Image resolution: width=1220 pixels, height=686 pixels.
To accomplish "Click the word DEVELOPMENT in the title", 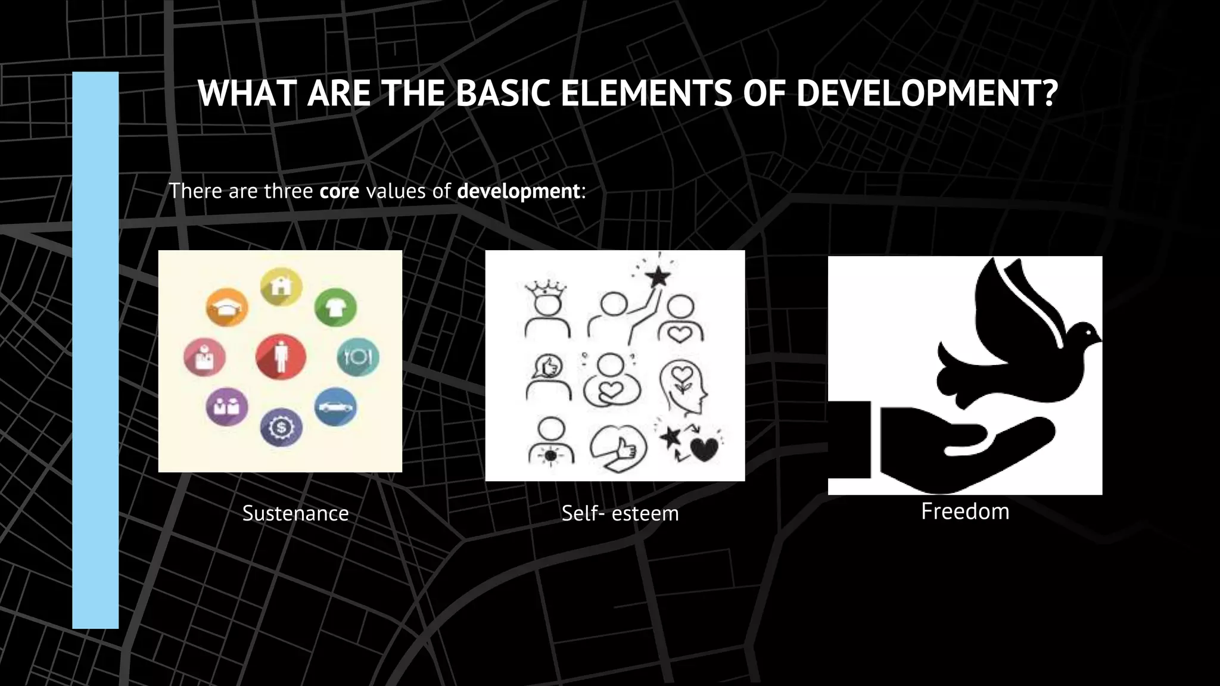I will coord(926,93).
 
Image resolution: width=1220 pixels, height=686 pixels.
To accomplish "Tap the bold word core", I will coord(339,191).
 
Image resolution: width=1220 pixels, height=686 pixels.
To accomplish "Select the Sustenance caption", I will coord(295,513).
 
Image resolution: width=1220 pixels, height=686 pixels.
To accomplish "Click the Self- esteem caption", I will coord(620,513).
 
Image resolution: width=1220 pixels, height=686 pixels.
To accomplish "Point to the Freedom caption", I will coord(965,512).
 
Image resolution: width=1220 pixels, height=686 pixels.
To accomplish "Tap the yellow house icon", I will coord(281,286).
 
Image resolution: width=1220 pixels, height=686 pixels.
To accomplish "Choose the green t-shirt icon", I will coord(335,307).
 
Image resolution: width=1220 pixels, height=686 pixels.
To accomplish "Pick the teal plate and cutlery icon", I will coord(358,357).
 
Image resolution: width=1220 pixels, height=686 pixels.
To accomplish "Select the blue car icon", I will coord(335,407).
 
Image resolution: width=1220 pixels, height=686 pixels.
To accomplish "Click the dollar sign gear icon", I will coord(281,427).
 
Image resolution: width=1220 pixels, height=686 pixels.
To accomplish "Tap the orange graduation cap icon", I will coord(227,307).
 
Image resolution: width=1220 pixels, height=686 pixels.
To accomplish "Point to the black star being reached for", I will coord(658,276).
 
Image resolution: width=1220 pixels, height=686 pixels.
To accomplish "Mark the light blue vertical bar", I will coord(95,350).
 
